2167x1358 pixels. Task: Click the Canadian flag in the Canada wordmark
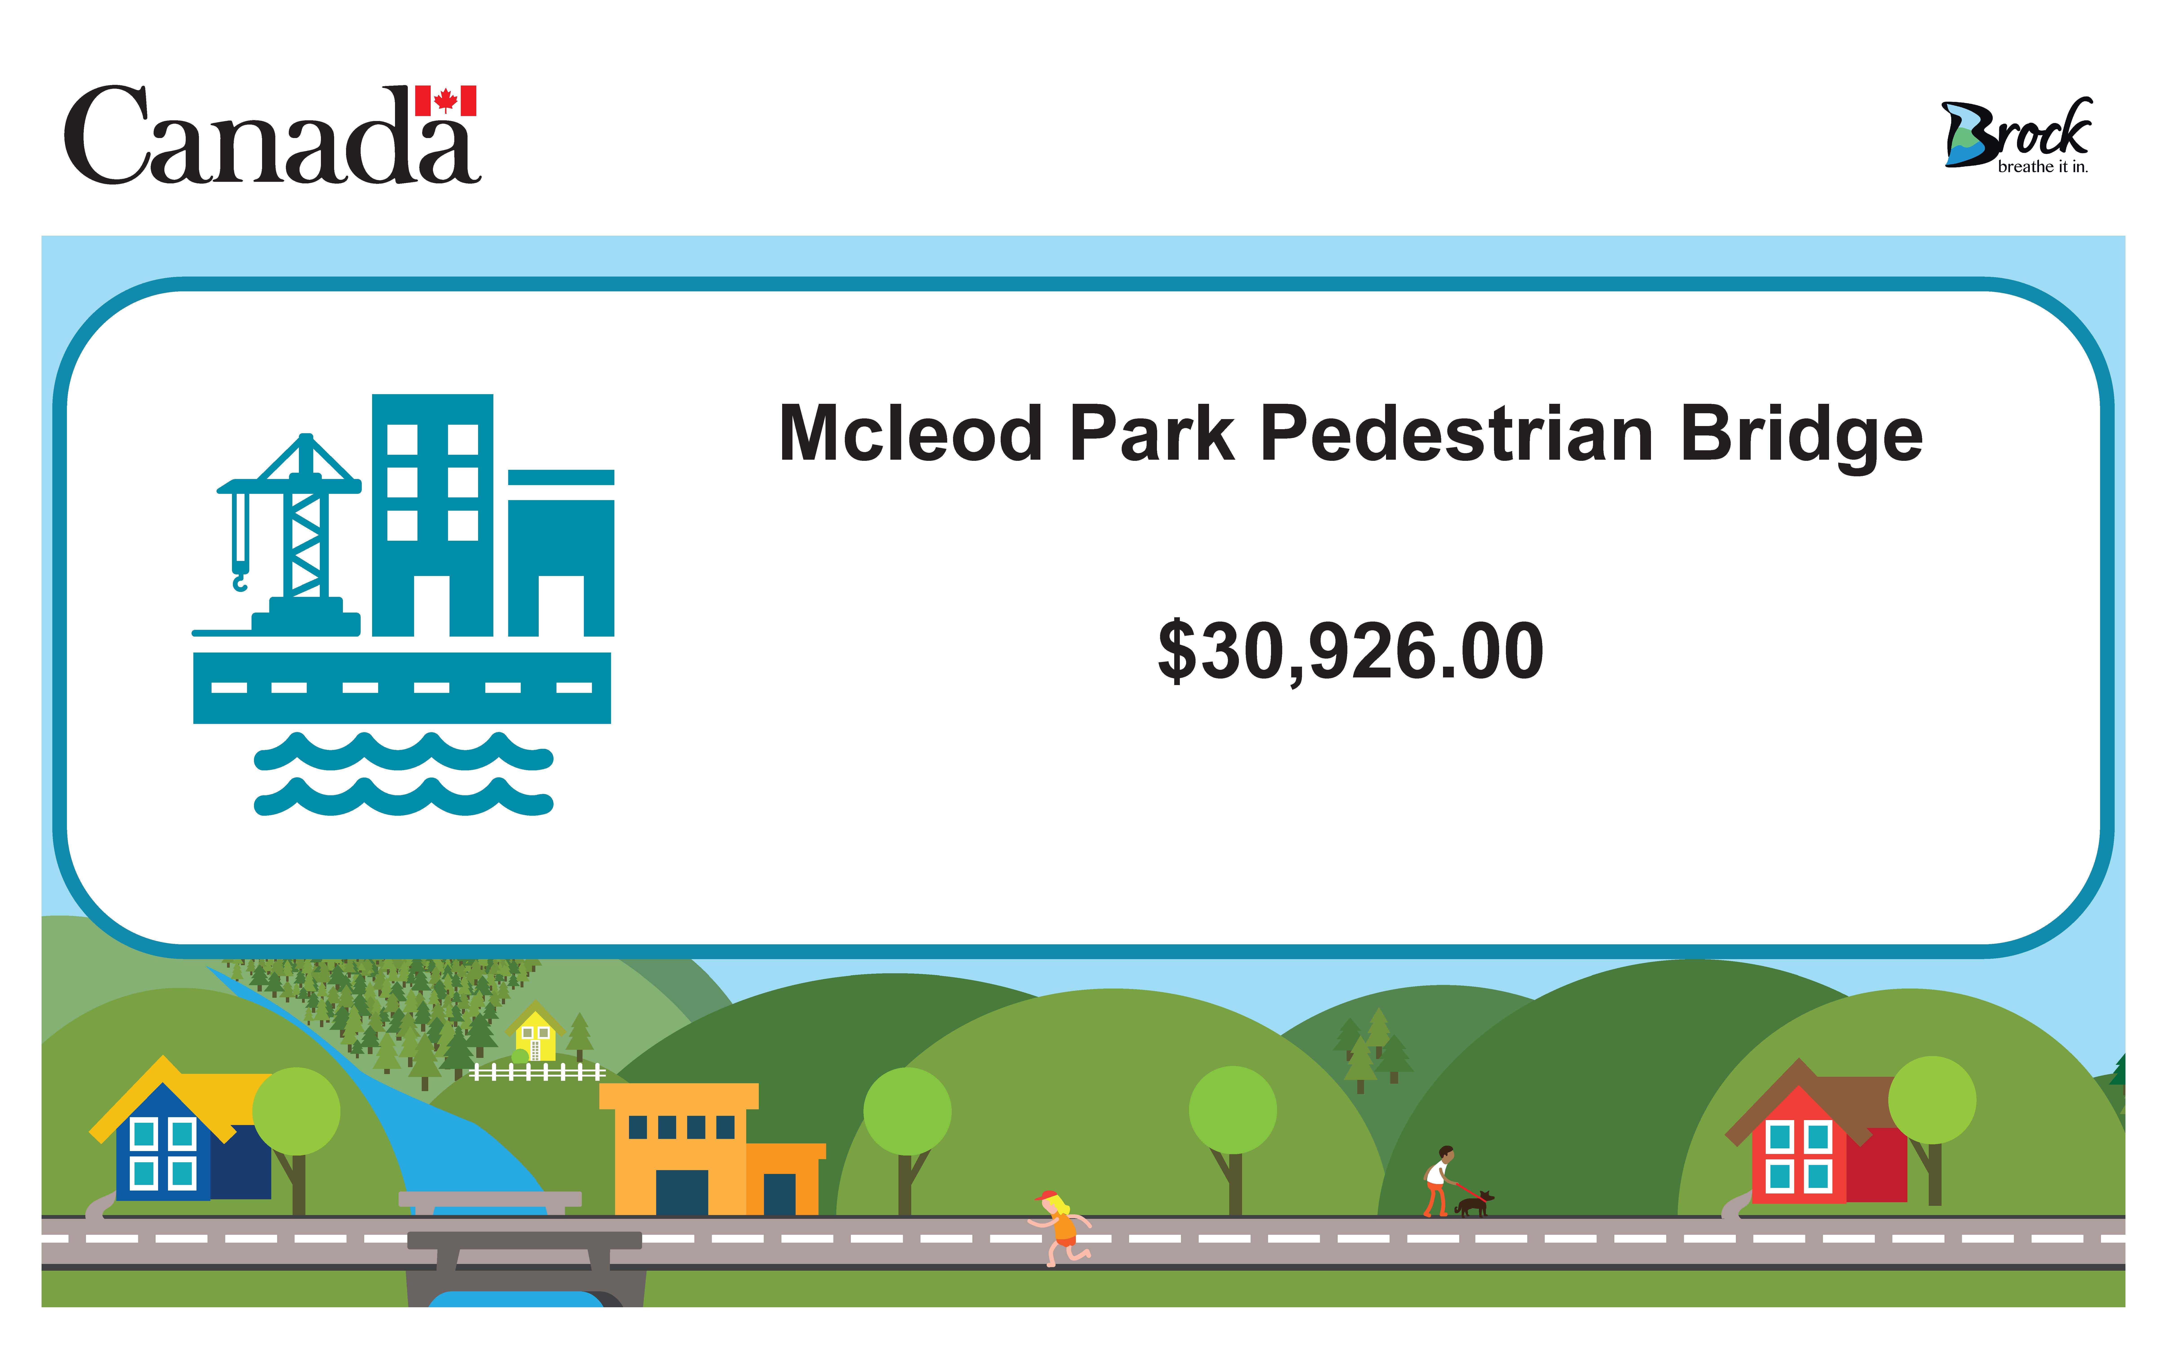point(446,101)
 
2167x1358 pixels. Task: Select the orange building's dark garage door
point(682,1193)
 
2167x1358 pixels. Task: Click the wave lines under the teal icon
point(403,774)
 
